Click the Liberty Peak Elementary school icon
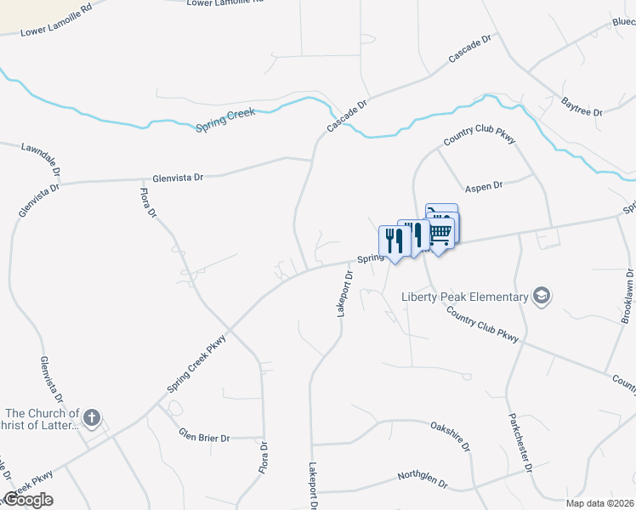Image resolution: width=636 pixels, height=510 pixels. coord(541,296)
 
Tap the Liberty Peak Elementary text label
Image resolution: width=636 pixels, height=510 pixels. coord(465,297)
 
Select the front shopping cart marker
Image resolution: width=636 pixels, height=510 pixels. coord(440,230)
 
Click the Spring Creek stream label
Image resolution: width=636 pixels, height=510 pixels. coord(225,119)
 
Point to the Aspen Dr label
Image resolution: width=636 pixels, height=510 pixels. coord(485,185)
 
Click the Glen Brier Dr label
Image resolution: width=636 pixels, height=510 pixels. coord(204,437)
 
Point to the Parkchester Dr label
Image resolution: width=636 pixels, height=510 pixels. coord(520,442)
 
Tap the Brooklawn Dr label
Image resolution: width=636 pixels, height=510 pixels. coord(627,297)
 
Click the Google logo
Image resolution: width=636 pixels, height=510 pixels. coord(27,500)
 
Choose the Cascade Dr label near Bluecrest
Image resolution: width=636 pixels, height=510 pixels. coord(470,50)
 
